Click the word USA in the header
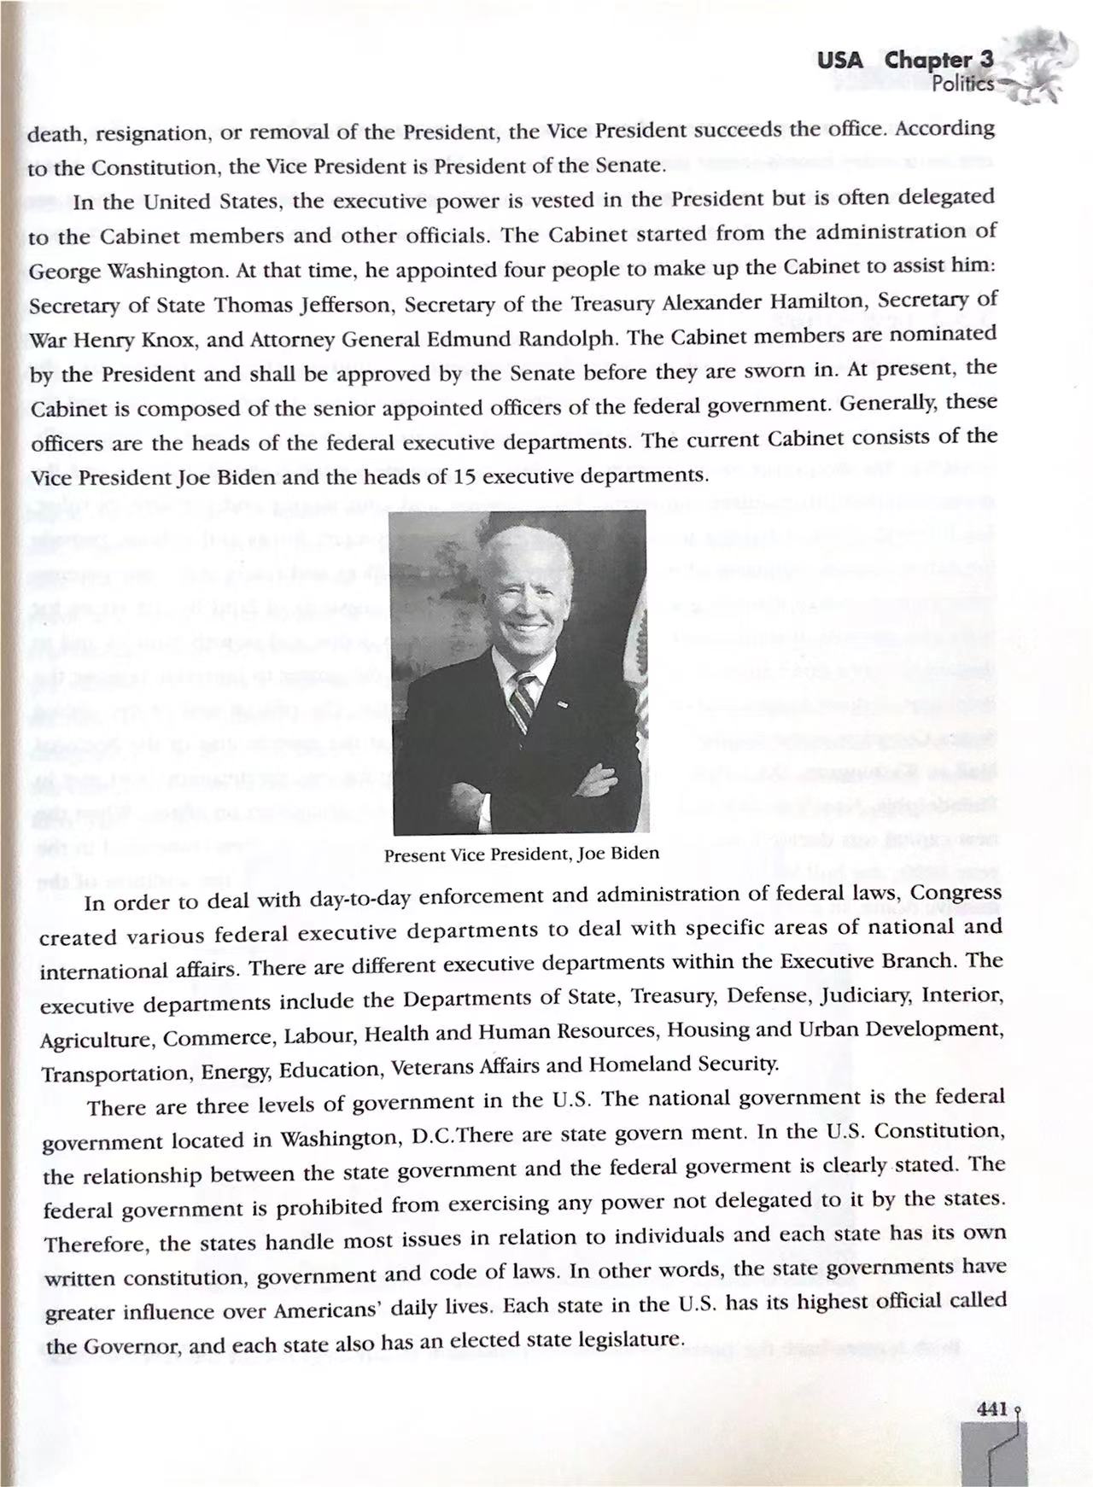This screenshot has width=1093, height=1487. [839, 61]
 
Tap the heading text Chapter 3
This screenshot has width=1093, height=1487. [939, 61]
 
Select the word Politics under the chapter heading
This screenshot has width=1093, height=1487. [963, 85]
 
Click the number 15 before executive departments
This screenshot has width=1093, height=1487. [465, 475]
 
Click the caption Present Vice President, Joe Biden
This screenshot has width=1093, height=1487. [521, 854]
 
